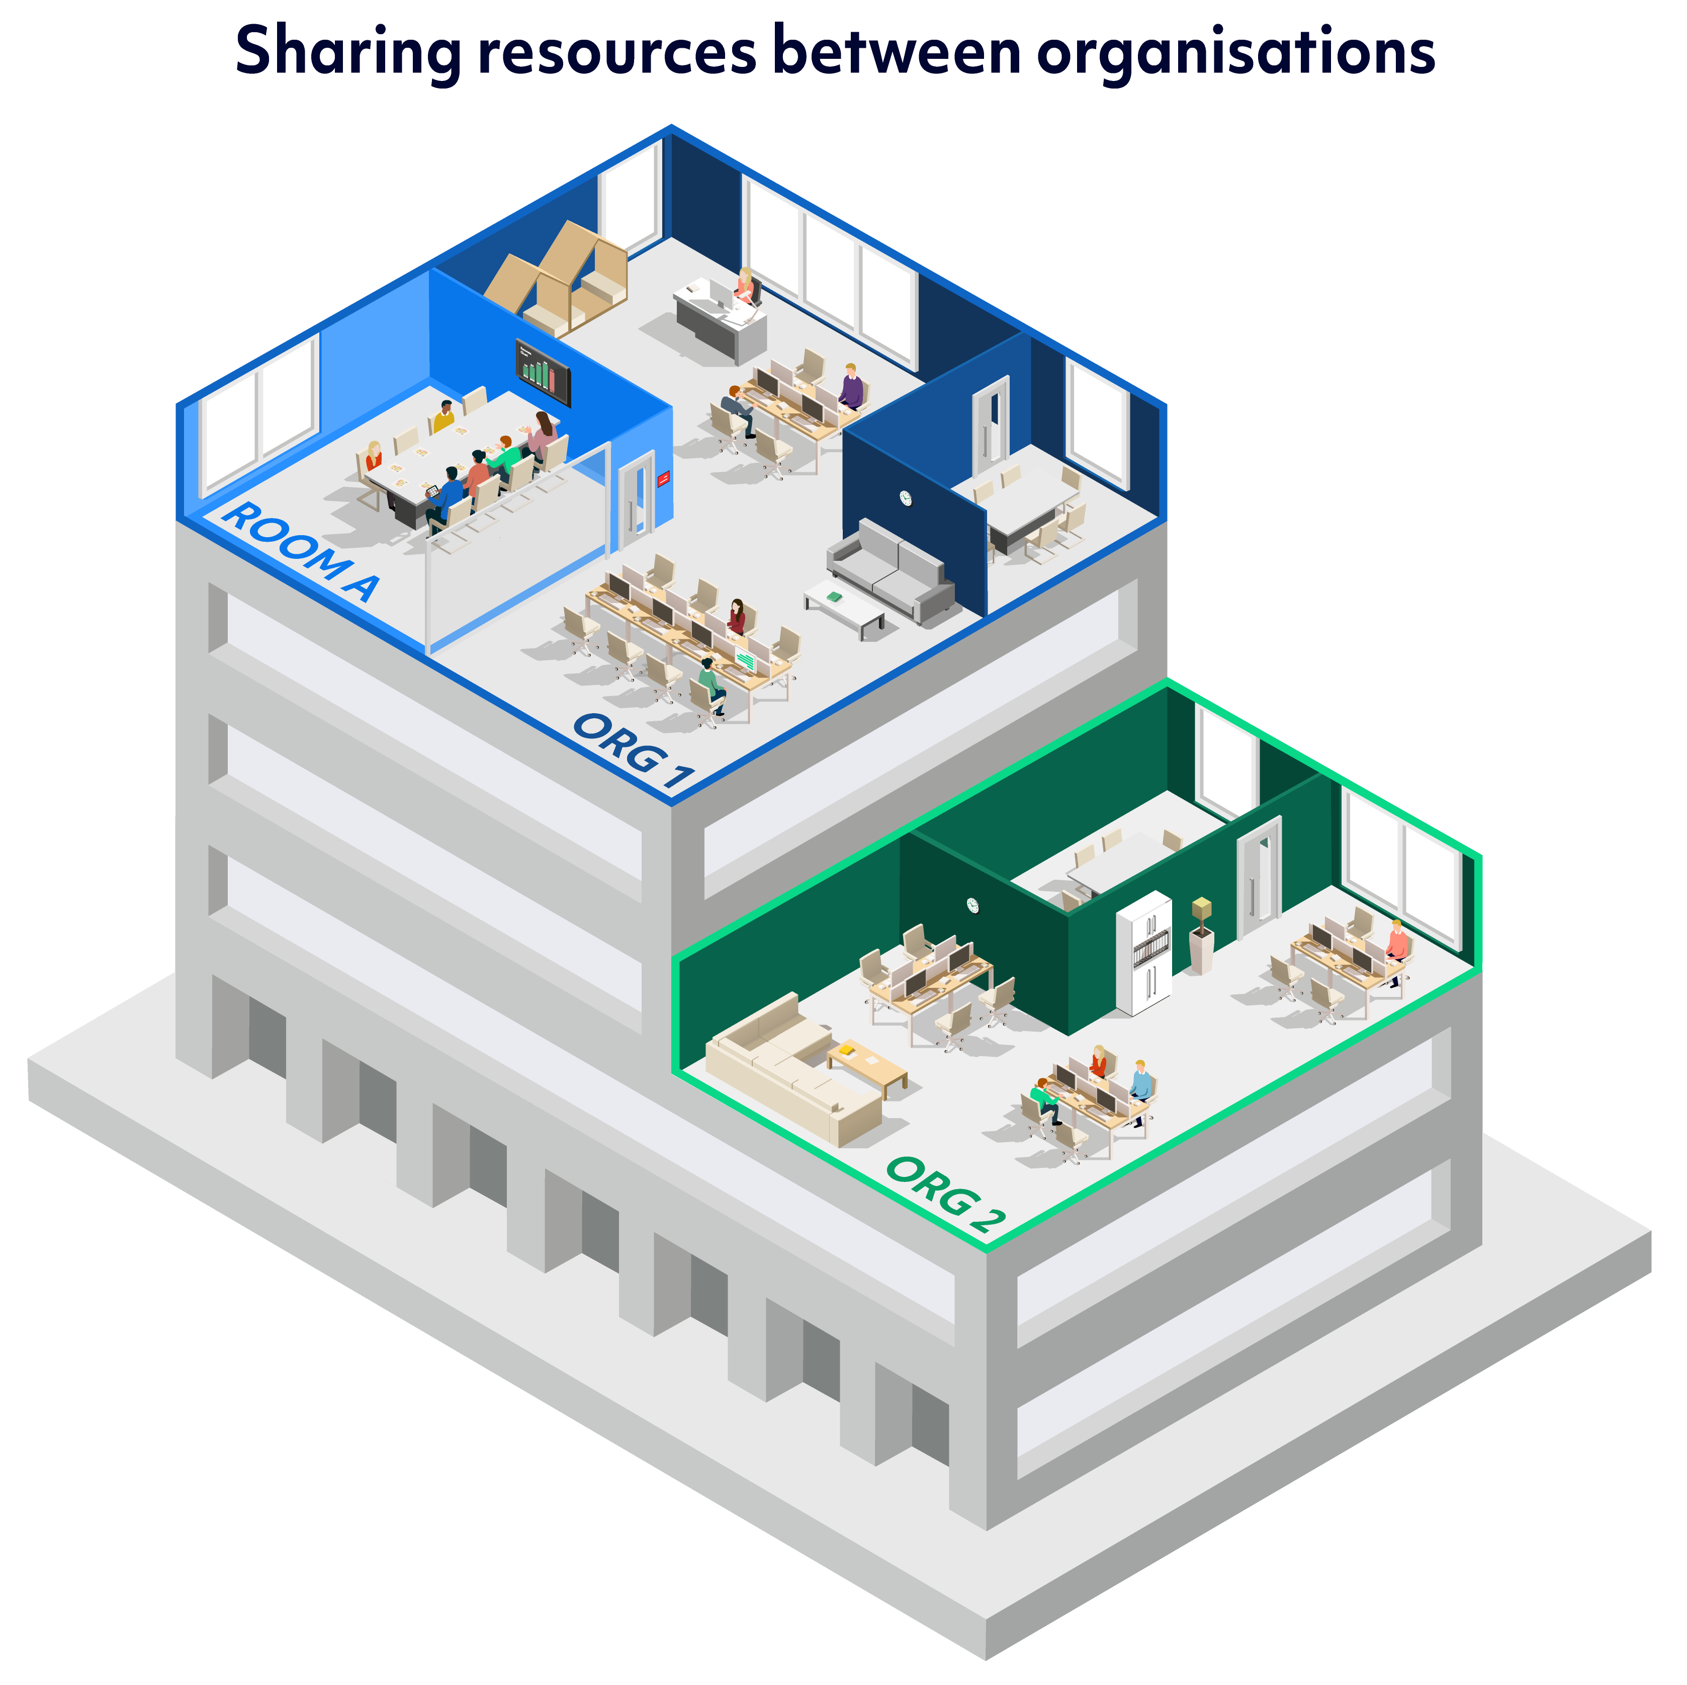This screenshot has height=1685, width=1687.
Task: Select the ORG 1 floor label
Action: tap(633, 749)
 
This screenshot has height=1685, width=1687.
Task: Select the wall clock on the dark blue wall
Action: tap(906, 498)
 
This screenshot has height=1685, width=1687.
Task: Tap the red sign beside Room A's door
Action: tap(664, 478)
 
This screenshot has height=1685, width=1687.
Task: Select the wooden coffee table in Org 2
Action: tap(867, 1066)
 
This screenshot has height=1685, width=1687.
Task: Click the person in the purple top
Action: tap(851, 386)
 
